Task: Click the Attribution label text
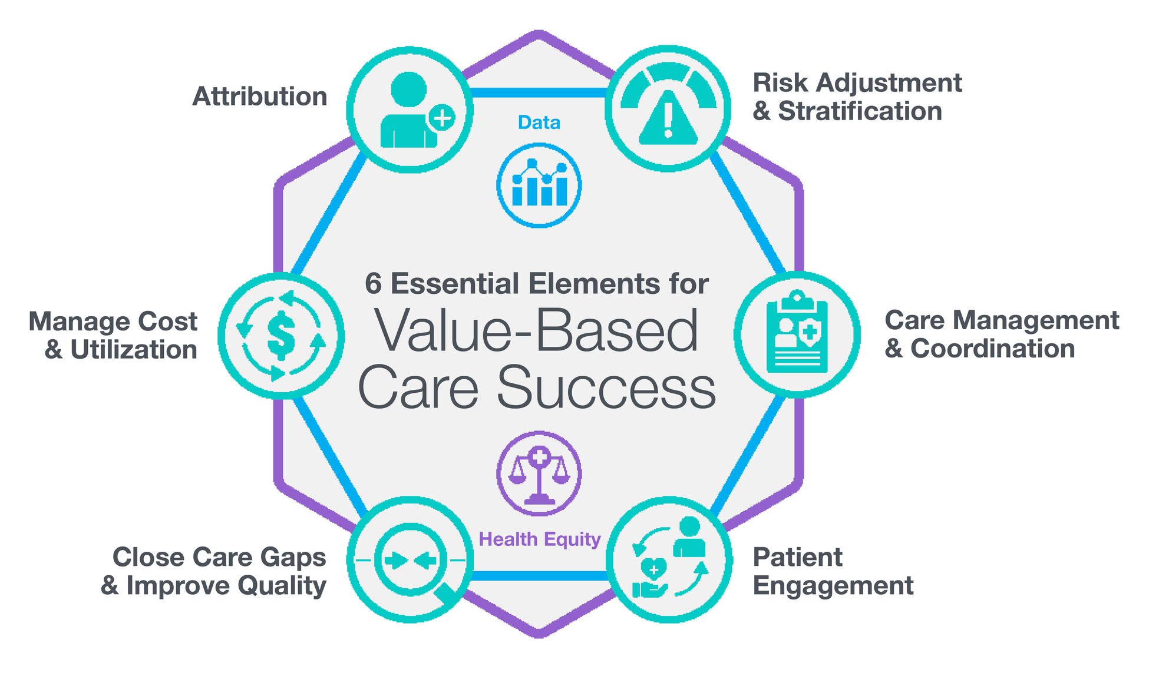pyautogui.click(x=260, y=97)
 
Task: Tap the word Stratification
pyautogui.click(x=860, y=111)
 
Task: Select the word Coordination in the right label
pyautogui.click(x=993, y=349)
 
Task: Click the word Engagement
pyautogui.click(x=833, y=586)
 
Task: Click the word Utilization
pyautogui.click(x=134, y=350)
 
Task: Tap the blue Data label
pyautogui.click(x=539, y=122)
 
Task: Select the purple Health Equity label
pyautogui.click(x=539, y=539)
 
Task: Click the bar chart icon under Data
pyautogui.click(x=539, y=185)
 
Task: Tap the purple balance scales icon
pyautogui.click(x=539, y=474)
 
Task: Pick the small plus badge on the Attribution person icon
pyautogui.click(x=442, y=117)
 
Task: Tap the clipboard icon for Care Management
pyautogui.click(x=797, y=334)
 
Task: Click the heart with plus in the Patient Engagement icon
pyautogui.click(x=653, y=569)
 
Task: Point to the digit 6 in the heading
pyautogui.click(x=373, y=284)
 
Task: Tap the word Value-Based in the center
pyautogui.click(x=536, y=331)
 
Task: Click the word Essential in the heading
pyautogui.click(x=455, y=284)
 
